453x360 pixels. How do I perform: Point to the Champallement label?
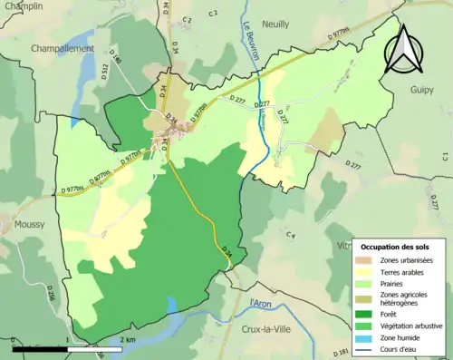click(x=63, y=47)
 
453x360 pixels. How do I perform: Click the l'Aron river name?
click(x=259, y=305)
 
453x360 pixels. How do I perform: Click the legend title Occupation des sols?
click(x=396, y=247)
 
